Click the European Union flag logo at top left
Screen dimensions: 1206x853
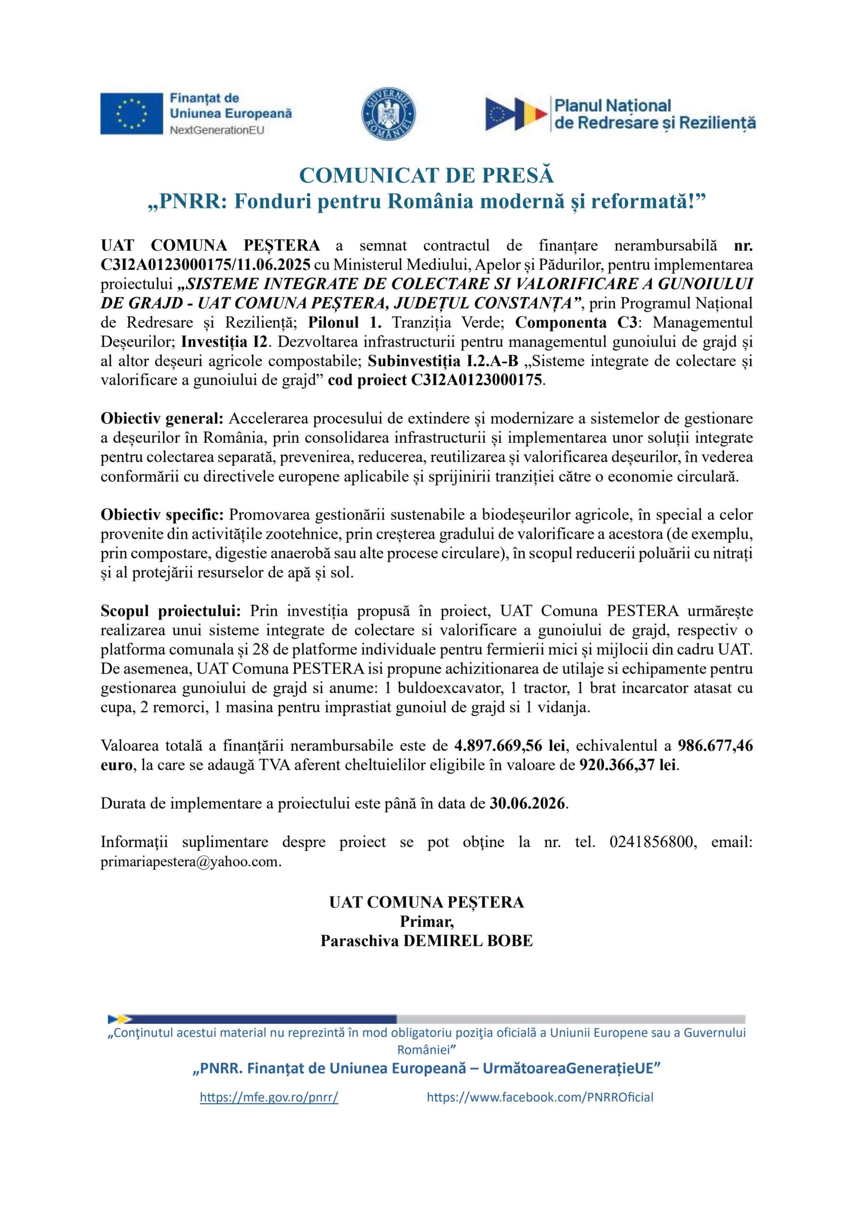click(x=131, y=114)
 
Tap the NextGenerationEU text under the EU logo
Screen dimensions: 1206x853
click(x=216, y=130)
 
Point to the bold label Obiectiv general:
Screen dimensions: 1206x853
click(x=162, y=419)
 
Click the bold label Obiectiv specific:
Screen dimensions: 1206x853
click(x=163, y=515)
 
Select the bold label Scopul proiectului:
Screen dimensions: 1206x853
click(x=171, y=611)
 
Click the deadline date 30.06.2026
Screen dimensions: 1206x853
click(x=528, y=804)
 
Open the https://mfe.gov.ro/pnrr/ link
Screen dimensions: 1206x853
click(x=269, y=1097)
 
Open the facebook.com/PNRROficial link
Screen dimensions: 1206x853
click(x=540, y=1097)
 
